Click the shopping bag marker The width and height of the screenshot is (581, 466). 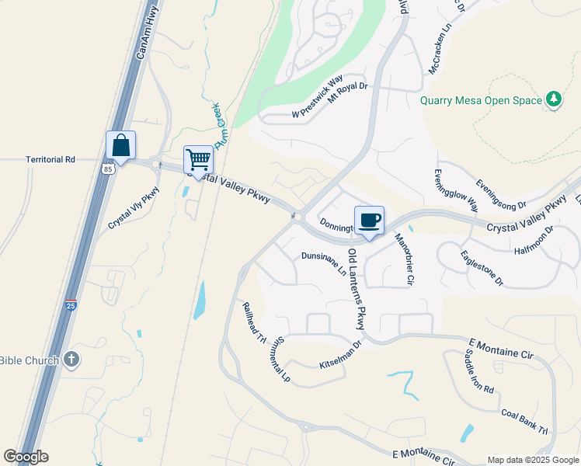click(x=120, y=145)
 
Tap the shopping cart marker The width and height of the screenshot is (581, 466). click(x=198, y=159)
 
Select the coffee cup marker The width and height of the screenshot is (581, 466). click(x=369, y=220)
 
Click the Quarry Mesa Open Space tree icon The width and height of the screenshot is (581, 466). click(x=553, y=99)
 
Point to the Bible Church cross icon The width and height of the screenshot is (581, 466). click(x=71, y=360)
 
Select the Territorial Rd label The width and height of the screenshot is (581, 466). click(x=50, y=159)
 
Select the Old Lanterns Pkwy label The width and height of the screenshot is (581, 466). click(x=356, y=288)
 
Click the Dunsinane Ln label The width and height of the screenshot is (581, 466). click(x=324, y=263)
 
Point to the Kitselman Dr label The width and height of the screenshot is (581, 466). click(x=341, y=355)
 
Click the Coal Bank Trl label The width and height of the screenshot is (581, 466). click(x=524, y=422)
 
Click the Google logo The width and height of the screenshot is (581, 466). click(x=26, y=457)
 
